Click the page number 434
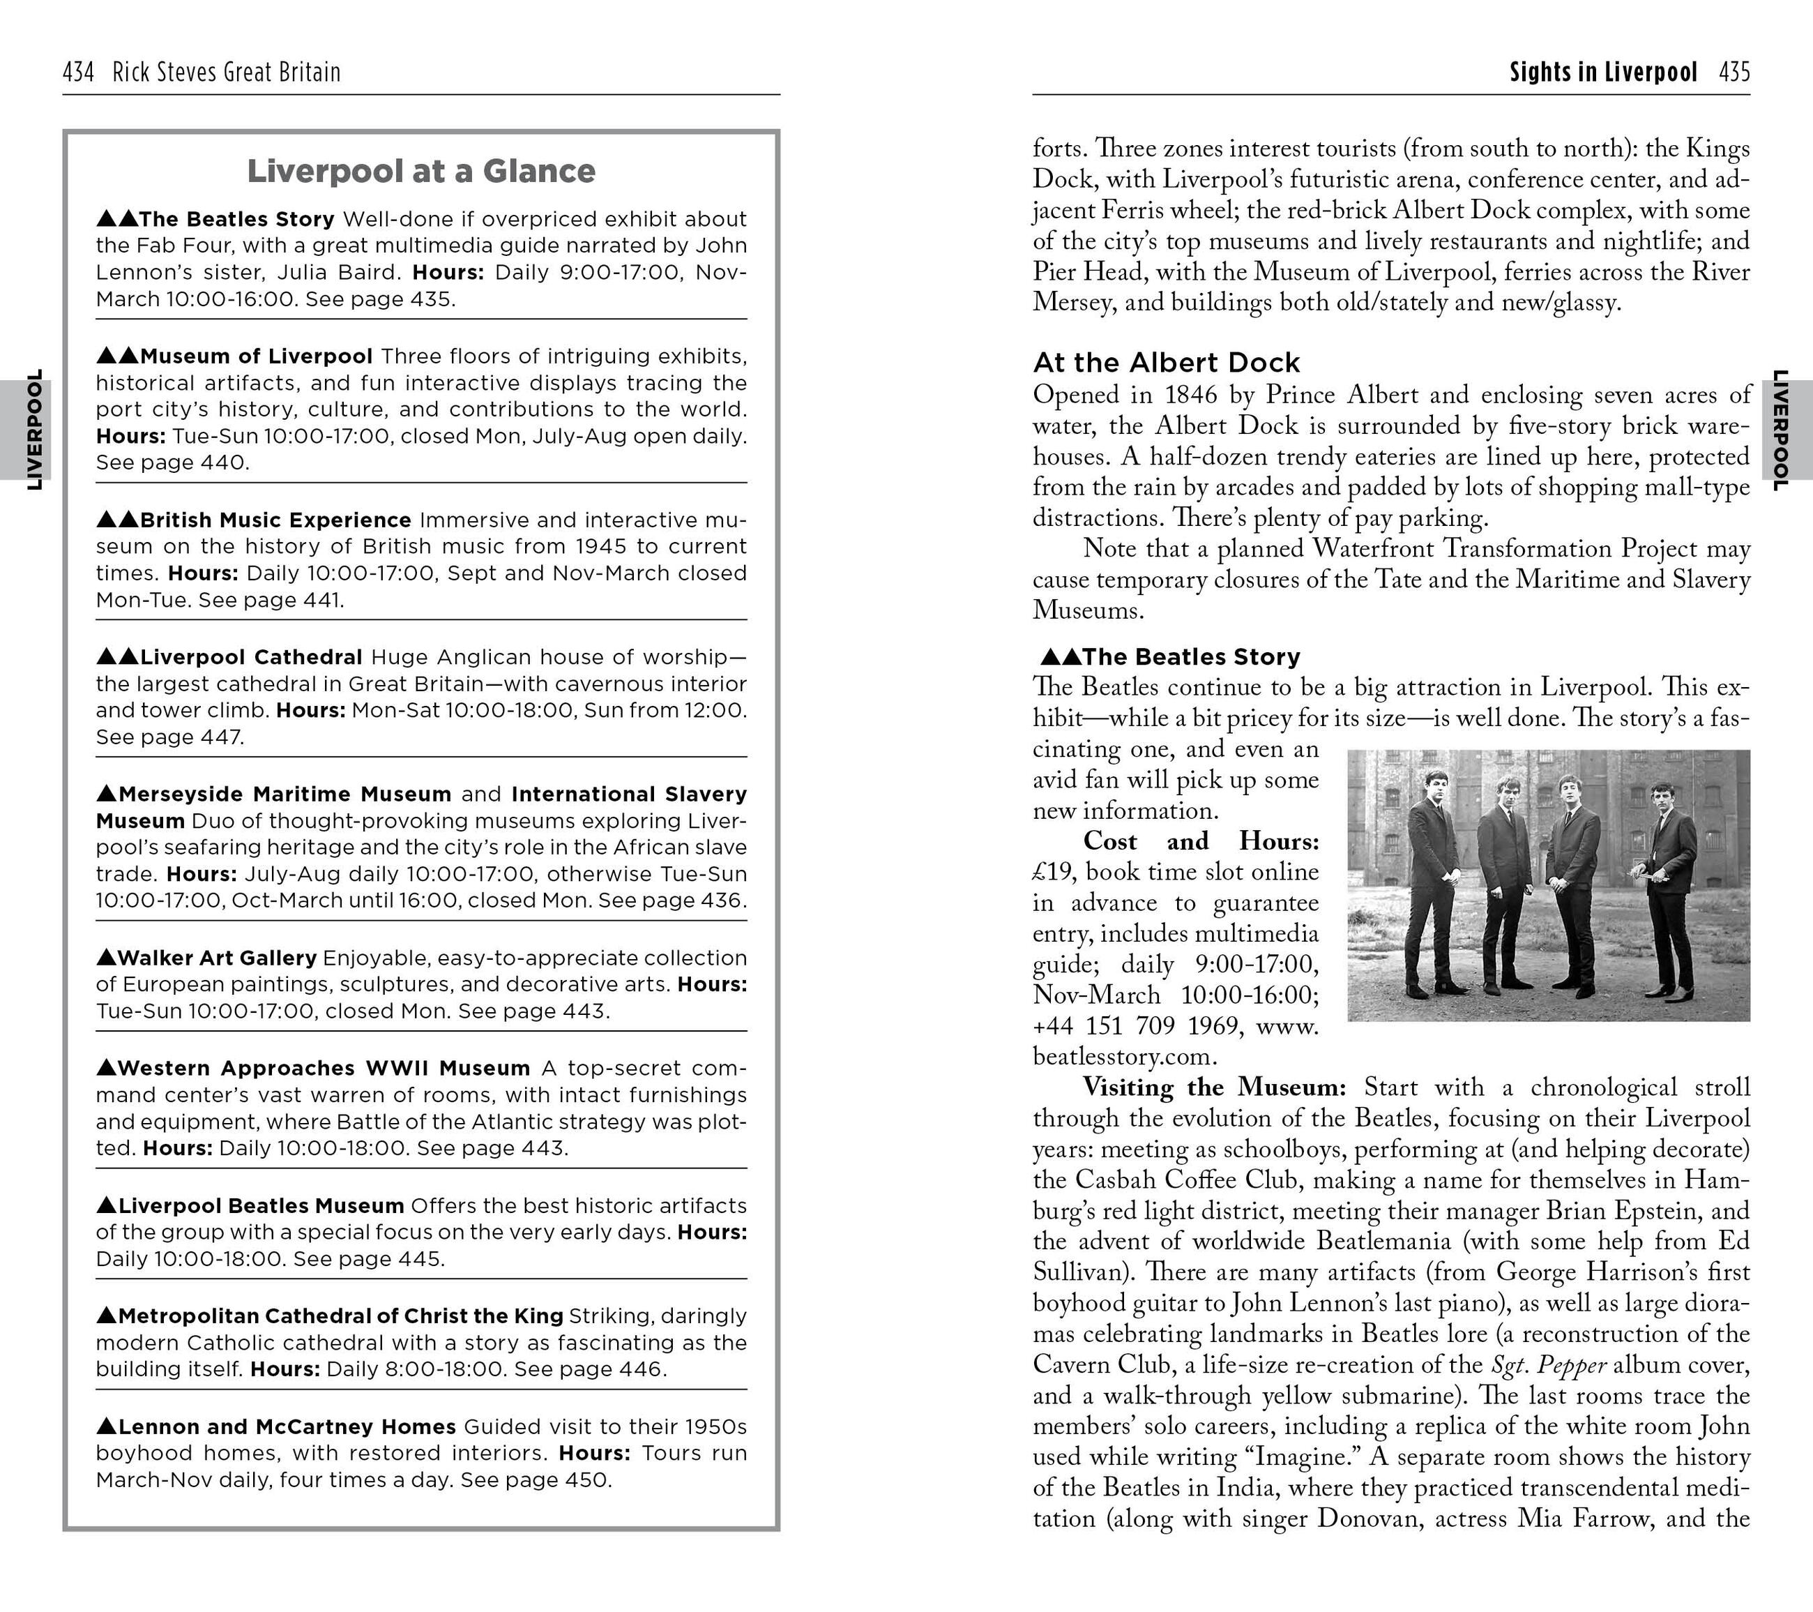(78, 72)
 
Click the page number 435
(1734, 72)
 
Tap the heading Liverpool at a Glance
(420, 171)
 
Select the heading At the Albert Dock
(1167, 363)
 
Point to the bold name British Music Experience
(275, 520)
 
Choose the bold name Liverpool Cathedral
(250, 657)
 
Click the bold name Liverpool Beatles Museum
(261, 1205)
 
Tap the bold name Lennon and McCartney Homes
(287, 1426)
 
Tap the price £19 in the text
(1053, 872)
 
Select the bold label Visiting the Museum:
(1214, 1087)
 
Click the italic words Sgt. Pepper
(1549, 1364)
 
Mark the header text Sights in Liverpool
(1603, 72)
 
